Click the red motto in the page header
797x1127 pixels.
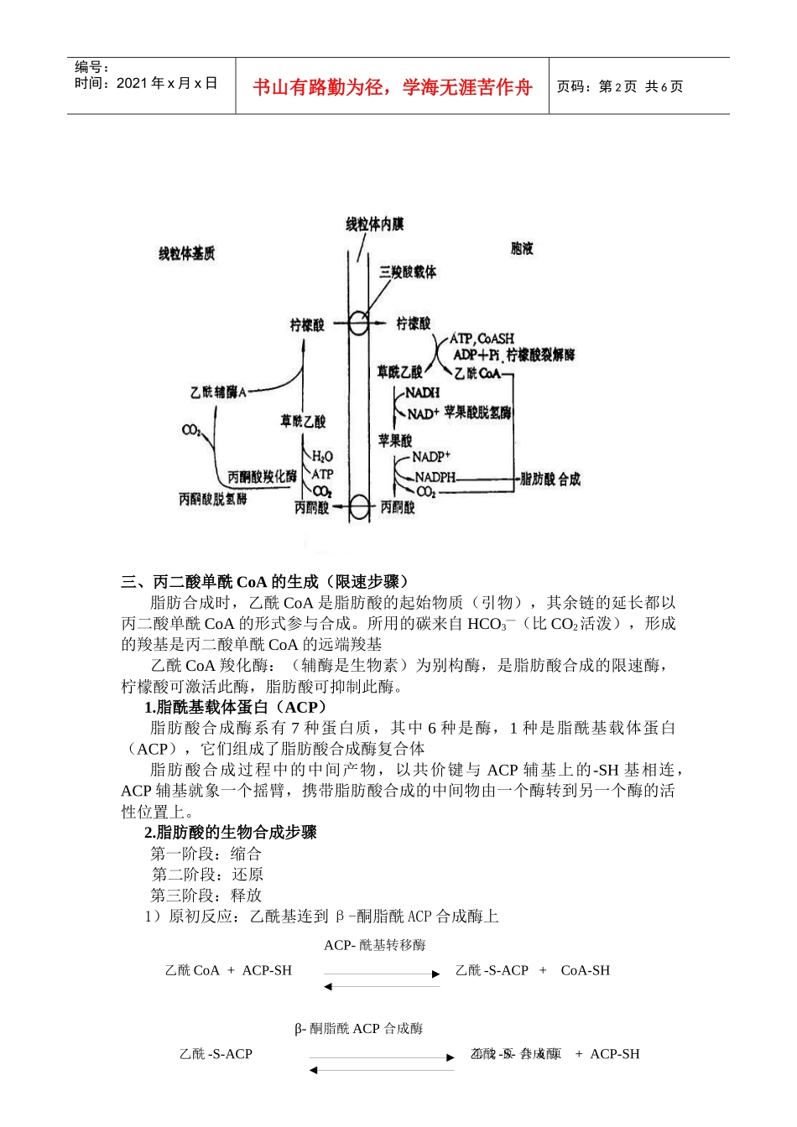coord(392,87)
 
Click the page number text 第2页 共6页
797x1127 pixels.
coord(620,86)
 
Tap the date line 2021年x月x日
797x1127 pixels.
coord(146,83)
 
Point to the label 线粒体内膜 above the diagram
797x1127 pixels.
coord(375,224)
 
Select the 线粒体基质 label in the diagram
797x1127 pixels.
coord(186,253)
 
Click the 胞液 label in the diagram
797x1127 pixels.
coord(522,248)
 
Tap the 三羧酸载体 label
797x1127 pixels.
coord(408,272)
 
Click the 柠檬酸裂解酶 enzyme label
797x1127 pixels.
coord(540,355)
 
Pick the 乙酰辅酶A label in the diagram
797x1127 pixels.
coord(218,392)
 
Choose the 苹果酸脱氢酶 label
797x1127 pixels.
coord(477,413)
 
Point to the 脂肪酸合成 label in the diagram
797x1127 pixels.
coord(550,479)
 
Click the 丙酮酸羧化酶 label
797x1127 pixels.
coord(262,476)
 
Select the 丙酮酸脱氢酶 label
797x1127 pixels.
coord(212,499)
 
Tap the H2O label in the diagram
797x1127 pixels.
coord(323,456)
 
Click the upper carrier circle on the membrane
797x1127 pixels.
coord(358,324)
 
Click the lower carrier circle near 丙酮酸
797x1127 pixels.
coord(359,506)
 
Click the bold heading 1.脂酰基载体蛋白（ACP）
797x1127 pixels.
coord(236,707)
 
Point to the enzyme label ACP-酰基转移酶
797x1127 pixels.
coord(375,945)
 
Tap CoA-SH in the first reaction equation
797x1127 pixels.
coord(585,970)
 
